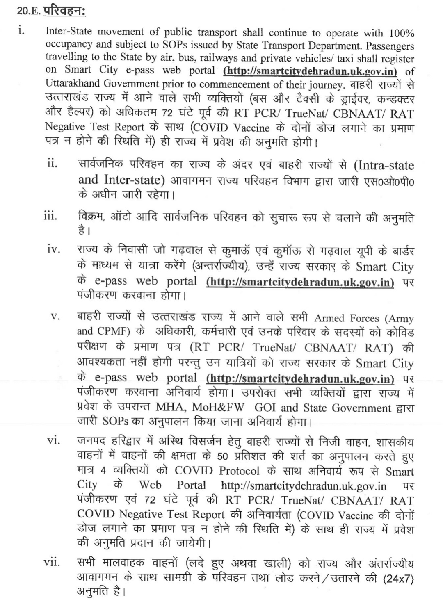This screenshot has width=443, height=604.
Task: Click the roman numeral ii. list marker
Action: coord(52,164)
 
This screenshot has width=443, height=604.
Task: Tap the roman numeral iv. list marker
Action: coord(54,249)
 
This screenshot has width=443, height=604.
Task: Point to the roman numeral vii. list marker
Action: coord(52,563)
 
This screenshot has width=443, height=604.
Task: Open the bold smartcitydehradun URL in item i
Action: coord(310,71)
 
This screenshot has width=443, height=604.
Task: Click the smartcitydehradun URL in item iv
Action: coord(300,282)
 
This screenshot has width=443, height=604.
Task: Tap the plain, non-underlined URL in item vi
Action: coord(304,487)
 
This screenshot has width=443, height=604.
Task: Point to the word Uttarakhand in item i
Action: coord(72,84)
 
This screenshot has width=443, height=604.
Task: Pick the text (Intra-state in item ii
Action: coord(383,165)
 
